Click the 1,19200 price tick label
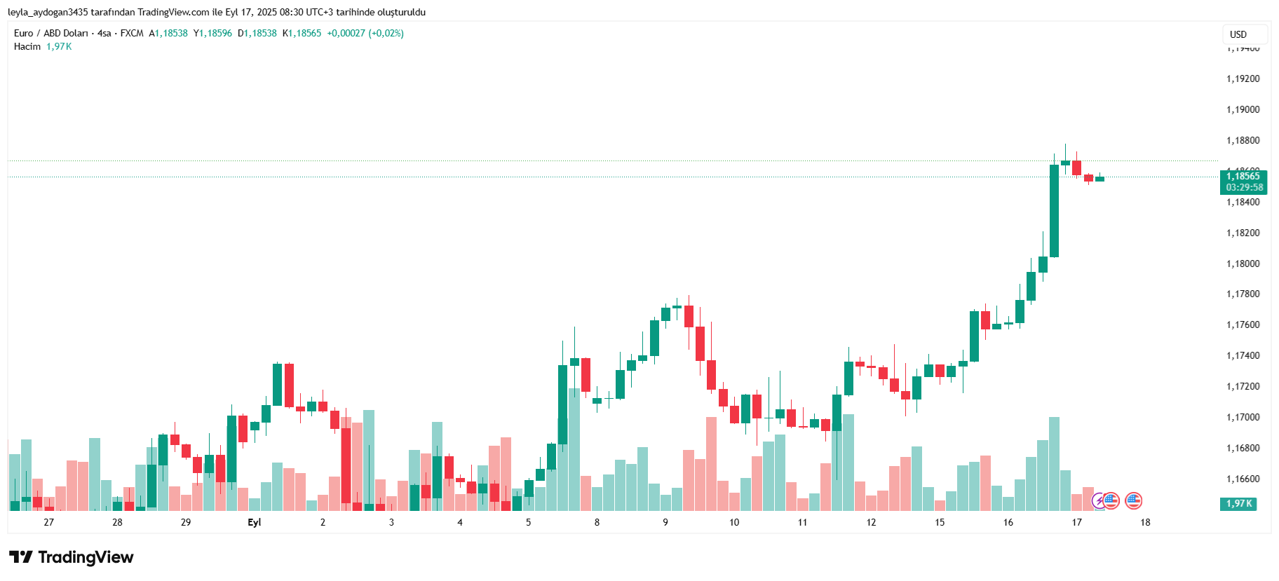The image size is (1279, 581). pos(1243,78)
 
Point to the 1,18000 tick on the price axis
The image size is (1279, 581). pos(1243,264)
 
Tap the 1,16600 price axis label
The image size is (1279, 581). pos(1243,479)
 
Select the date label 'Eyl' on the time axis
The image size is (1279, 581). pos(254,522)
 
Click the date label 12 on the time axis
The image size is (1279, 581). pos(871,522)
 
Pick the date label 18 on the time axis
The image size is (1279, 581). pos(1145,522)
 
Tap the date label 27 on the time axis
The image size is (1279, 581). pos(48,522)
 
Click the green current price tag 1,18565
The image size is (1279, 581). pos(1243,177)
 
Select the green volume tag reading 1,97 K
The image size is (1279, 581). pos(1239,503)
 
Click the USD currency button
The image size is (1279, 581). pos(1238,34)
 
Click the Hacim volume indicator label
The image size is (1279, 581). pos(27,46)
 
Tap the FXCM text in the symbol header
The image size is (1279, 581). pos(132,33)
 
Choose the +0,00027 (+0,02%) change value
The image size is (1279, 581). pos(365,33)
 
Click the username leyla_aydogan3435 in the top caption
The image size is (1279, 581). pos(48,12)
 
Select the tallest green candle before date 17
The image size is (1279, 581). pos(1054,210)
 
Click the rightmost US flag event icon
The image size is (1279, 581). pos(1133,500)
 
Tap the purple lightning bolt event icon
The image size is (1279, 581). pos(1099,500)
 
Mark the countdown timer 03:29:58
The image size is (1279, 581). pos(1245,187)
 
